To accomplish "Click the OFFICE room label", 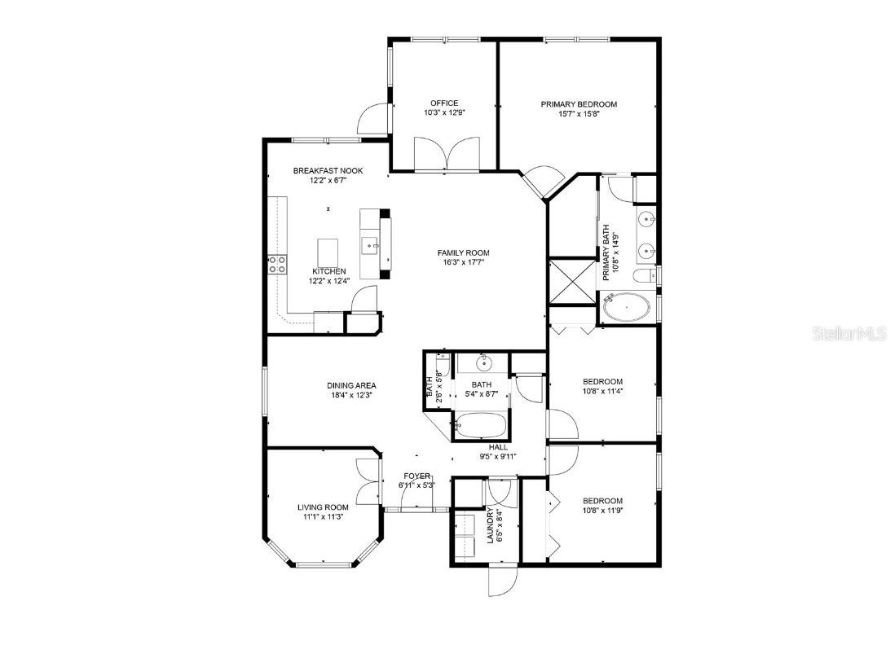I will click(444, 103).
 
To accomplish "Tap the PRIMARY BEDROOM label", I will click(579, 104).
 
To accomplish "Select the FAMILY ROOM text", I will click(463, 252).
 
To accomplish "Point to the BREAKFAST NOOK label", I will click(328, 171).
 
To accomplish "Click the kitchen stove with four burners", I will click(277, 264).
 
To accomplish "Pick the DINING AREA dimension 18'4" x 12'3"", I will click(351, 396).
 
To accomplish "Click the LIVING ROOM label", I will click(324, 507).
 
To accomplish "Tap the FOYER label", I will click(416, 476).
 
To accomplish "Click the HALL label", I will click(498, 447).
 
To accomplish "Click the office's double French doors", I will click(443, 154).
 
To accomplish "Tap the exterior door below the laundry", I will click(502, 580).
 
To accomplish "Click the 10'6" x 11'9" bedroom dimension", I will click(602, 511).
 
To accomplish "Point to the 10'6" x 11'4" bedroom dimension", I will click(602, 392).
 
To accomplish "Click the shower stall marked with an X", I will click(573, 282).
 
